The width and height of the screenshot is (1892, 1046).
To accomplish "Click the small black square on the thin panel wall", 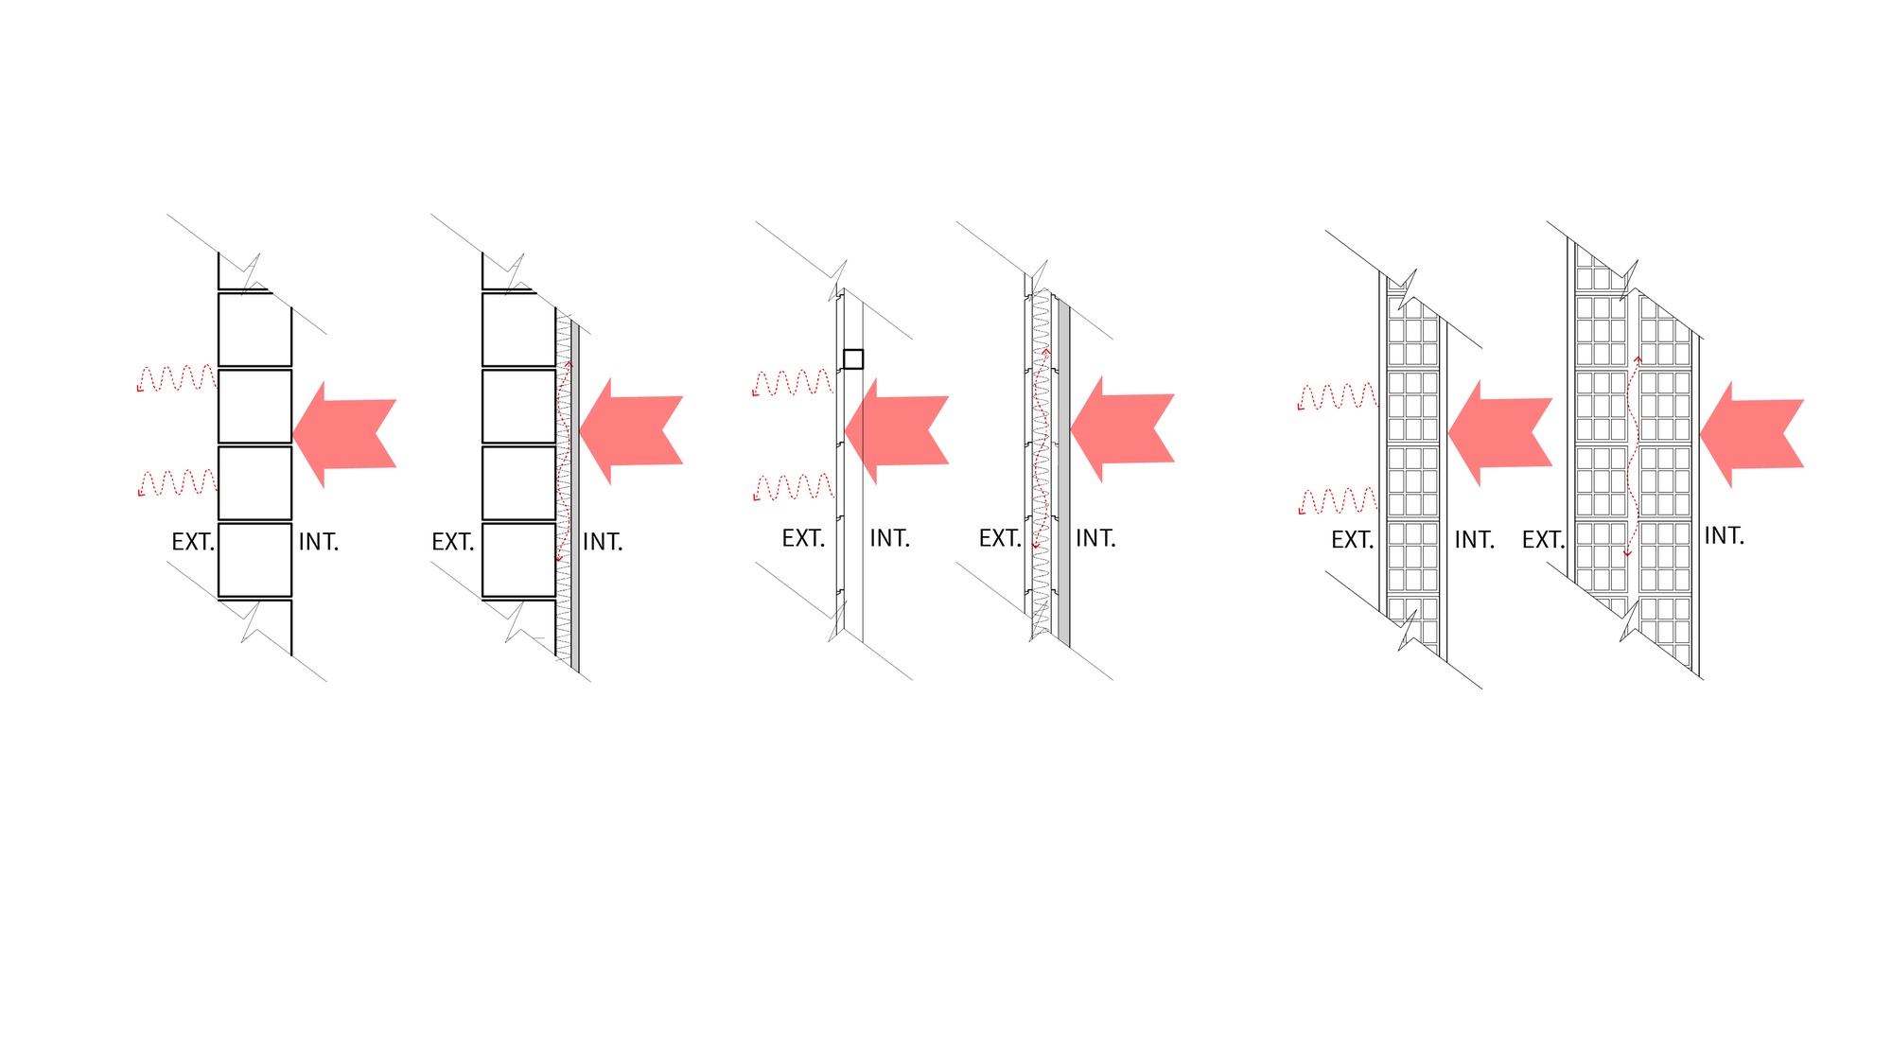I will pos(852,359).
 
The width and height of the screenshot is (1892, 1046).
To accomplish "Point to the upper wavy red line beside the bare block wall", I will pos(177,378).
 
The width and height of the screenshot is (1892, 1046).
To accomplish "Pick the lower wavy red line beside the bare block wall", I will pos(177,482).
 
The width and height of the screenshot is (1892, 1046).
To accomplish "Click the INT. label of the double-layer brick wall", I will pos(1724,536).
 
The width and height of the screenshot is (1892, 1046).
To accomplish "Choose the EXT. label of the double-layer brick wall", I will pos(1543,541).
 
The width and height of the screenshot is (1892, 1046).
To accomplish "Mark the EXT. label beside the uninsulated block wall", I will pos(193,543).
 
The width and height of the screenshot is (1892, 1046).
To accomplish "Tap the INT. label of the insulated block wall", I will pos(603,543).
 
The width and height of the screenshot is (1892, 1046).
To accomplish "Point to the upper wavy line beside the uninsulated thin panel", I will pos(793,383).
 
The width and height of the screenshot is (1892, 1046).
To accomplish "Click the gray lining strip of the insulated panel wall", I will pos(1064,473).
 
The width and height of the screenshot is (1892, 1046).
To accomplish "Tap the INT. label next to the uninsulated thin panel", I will pos(889,539).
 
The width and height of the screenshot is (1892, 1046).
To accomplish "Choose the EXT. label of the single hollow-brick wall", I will pos(1352,541).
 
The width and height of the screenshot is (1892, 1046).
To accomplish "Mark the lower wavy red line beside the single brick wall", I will pos(1338,500).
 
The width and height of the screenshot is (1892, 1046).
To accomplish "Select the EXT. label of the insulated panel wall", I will pos(1000,539).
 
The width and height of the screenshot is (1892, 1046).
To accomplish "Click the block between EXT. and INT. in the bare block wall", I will pos(254,559).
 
